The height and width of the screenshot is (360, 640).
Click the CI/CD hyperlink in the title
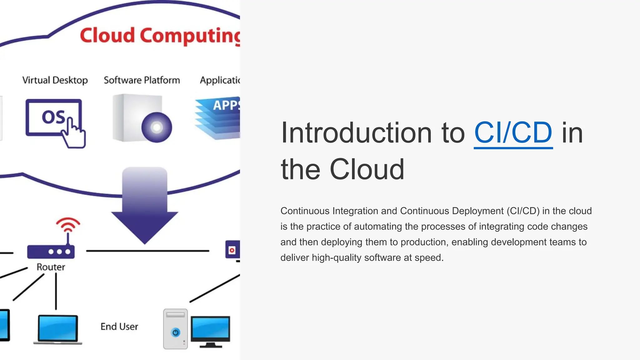[513, 133]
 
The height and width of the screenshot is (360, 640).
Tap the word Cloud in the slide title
[367, 169]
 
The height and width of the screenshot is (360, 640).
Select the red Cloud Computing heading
[159, 35]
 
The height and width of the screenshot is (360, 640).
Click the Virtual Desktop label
[55, 80]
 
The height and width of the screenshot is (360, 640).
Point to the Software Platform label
[142, 80]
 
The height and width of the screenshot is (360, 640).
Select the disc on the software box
[157, 127]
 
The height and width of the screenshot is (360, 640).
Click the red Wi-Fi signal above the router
[68, 224]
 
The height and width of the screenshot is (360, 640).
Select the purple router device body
[51, 252]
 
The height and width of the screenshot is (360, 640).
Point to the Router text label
[51, 267]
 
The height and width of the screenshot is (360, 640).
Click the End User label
[119, 327]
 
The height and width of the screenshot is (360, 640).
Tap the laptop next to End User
[57, 329]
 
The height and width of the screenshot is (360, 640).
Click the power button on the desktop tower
[176, 332]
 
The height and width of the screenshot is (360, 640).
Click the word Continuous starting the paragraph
[305, 211]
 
